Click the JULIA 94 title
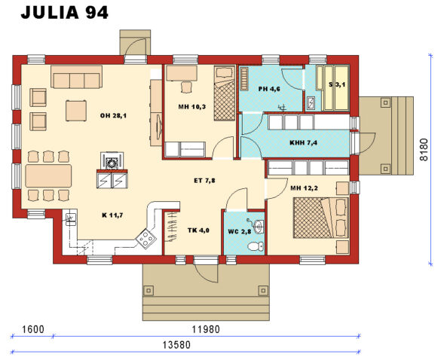click(64, 13)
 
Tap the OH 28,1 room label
click(113, 116)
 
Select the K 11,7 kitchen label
click(112, 215)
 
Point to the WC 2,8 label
click(240, 231)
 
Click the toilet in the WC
click(256, 246)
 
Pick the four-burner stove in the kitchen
click(146, 239)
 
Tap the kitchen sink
click(70, 218)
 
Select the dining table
click(48, 175)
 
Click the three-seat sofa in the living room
click(76, 77)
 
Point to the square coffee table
click(76, 111)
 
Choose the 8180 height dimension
click(424, 150)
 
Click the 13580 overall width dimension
click(176, 345)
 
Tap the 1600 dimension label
click(33, 329)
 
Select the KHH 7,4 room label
click(303, 142)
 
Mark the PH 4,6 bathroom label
click(269, 89)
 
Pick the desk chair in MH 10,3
click(186, 87)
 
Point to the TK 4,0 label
click(198, 230)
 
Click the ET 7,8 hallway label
click(204, 181)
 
